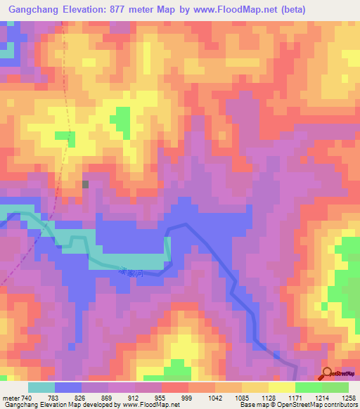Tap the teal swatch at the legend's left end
point(41,387)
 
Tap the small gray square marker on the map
point(86,184)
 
